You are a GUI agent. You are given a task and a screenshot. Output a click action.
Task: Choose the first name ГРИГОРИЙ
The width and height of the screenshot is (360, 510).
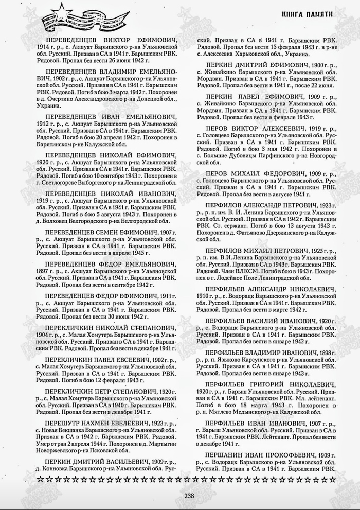[260, 384]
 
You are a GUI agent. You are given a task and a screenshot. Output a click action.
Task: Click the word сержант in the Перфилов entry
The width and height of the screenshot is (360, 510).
[229, 218]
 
